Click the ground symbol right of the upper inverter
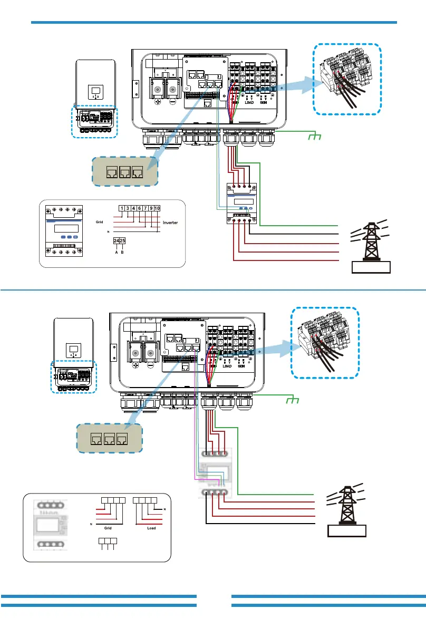[x=315, y=137]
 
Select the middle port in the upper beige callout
[x=125, y=171]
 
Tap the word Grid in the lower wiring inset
[x=108, y=526]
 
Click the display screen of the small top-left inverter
[x=95, y=91]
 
